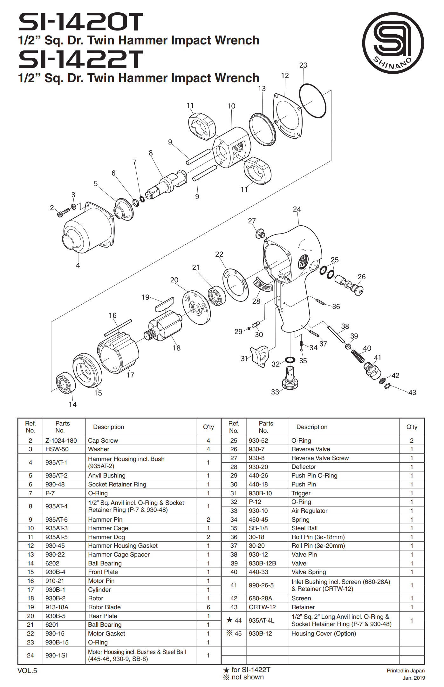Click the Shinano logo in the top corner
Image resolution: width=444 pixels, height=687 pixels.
click(x=393, y=43)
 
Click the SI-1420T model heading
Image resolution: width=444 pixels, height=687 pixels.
click(x=81, y=22)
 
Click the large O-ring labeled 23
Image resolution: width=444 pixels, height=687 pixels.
click(x=313, y=101)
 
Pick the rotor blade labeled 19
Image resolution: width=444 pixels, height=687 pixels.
click(x=165, y=304)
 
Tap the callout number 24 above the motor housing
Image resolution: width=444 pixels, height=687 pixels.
click(x=297, y=209)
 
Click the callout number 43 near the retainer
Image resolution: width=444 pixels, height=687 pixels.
click(x=412, y=393)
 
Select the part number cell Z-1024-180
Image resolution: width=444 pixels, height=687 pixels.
click(x=61, y=440)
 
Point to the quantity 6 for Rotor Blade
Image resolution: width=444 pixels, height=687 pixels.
click(x=208, y=607)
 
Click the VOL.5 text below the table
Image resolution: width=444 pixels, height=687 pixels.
click(x=27, y=670)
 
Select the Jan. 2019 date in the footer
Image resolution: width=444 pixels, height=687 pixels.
click(x=413, y=678)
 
